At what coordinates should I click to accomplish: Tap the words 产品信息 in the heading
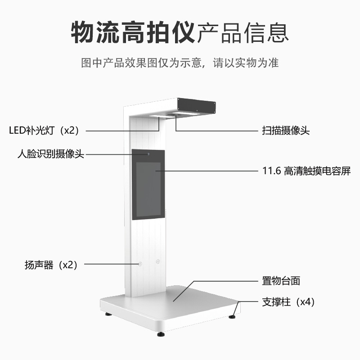(243, 31)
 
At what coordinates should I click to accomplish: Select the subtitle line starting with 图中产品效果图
(180, 63)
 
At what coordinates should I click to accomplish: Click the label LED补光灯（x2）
(44, 130)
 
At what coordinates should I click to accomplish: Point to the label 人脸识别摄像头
(50, 154)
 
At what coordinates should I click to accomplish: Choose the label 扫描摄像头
(286, 131)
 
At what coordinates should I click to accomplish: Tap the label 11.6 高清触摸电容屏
(306, 171)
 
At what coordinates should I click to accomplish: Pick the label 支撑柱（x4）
(288, 302)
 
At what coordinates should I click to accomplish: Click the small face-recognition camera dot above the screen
(148, 155)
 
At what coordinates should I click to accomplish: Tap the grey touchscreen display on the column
(148, 189)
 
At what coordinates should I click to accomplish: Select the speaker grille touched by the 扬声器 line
(140, 264)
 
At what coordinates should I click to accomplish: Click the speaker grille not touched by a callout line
(157, 261)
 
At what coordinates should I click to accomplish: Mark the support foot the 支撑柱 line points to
(232, 316)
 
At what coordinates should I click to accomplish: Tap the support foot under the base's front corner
(161, 334)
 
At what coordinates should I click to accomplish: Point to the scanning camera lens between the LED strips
(176, 116)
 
